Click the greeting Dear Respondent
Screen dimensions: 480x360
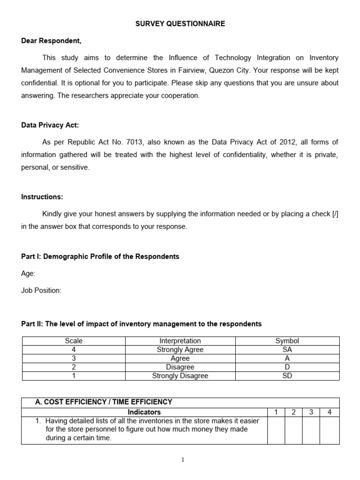point(51,41)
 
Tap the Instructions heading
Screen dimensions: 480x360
point(42,197)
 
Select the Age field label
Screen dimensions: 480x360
point(28,273)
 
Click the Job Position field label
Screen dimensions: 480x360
point(41,290)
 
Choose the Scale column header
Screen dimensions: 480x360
point(74,341)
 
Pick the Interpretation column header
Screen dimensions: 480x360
point(180,341)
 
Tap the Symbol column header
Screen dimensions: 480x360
point(287,341)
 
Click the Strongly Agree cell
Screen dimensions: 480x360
point(180,350)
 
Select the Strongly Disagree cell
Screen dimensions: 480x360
point(180,375)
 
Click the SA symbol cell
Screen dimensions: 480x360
point(287,350)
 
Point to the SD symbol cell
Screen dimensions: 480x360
point(287,375)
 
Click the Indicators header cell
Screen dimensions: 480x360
point(144,412)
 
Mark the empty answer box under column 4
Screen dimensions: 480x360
point(330,430)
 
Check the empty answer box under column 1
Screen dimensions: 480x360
point(276,430)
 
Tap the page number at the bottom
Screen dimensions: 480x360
point(183,460)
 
